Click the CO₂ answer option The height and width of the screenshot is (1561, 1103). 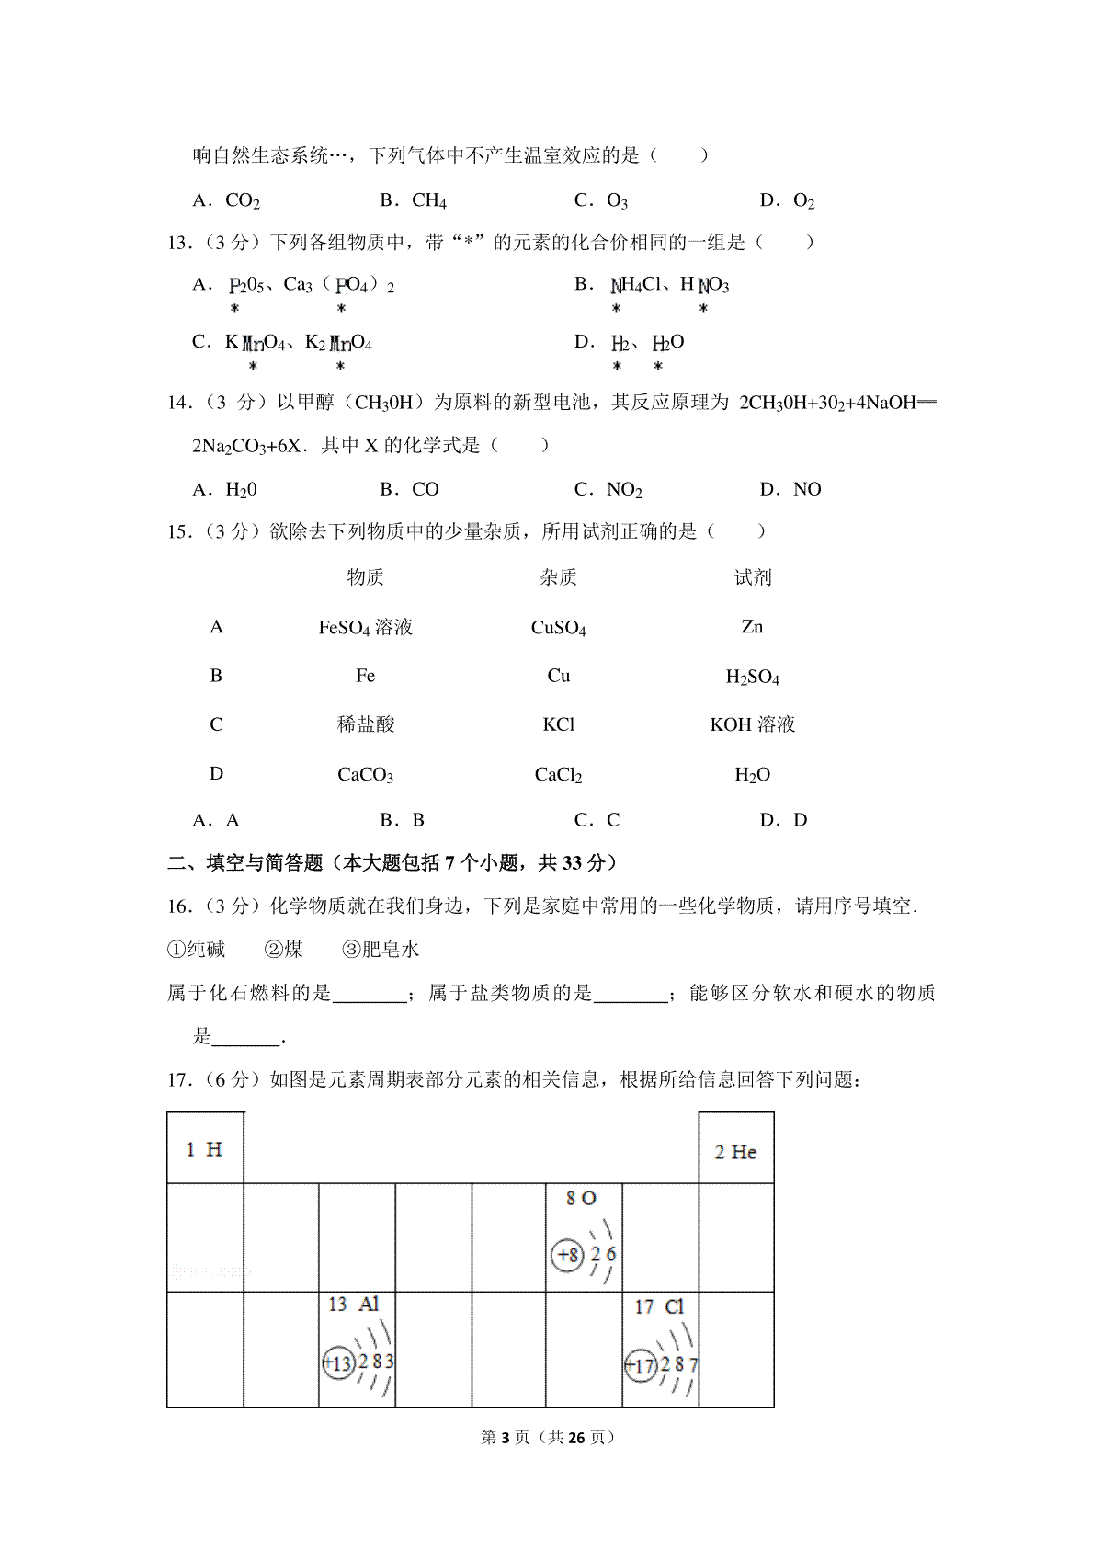242,200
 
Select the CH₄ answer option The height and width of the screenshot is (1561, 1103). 428,200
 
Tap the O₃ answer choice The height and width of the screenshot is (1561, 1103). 616,200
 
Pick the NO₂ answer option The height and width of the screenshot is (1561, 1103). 624,490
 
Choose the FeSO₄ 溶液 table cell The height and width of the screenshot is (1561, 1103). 365,628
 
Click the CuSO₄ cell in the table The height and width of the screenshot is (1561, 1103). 558,628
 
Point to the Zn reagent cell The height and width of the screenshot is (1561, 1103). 752,627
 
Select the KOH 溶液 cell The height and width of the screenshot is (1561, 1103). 752,724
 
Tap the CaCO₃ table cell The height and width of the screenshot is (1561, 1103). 365,775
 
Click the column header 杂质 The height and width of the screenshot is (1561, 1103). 558,577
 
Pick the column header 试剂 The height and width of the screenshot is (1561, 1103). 752,577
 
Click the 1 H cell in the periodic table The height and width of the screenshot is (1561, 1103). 204,1149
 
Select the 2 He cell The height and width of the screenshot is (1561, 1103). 735,1152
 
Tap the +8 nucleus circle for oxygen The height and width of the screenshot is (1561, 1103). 568,1255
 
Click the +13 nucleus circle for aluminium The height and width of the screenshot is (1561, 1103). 338,1362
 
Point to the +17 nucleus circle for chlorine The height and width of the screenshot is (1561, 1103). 640,1366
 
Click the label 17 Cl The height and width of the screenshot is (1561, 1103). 659,1306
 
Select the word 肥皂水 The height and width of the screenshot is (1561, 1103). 390,950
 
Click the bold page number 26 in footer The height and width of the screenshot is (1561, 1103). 576,1437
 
